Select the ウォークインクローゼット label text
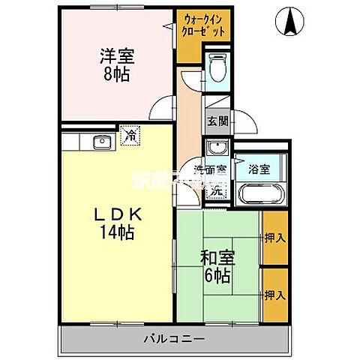[x=204, y=26]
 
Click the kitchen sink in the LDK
[x=101, y=142]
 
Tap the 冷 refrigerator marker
[x=130, y=136]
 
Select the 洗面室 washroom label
[x=210, y=169]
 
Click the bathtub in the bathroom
[x=259, y=193]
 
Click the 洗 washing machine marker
[x=216, y=190]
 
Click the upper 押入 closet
[x=274, y=238]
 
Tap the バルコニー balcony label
[x=173, y=340]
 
